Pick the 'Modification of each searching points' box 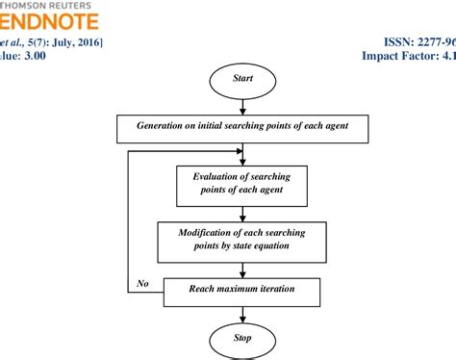[x=243, y=239]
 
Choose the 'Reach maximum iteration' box [x=243, y=289]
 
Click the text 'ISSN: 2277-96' [x=412, y=43]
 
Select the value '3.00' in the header [x=36, y=57]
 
